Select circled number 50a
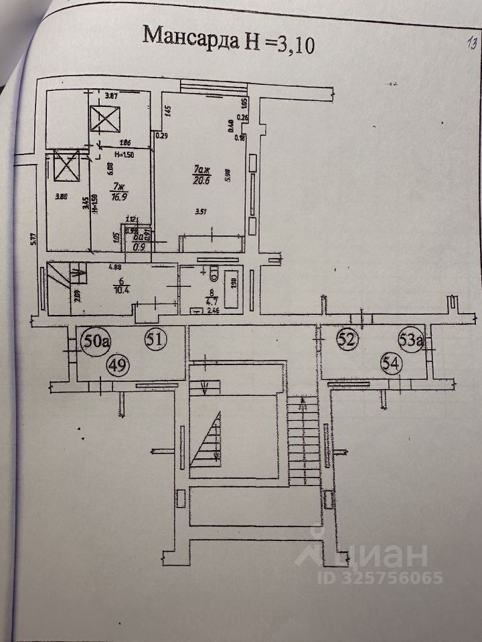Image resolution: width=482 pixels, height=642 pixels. pyautogui.click(x=96, y=341)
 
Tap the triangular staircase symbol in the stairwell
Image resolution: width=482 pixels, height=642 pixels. pyautogui.click(x=208, y=438)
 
